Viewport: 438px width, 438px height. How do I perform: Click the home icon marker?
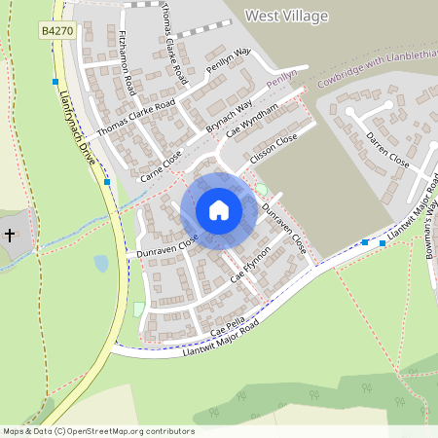tap(219, 210)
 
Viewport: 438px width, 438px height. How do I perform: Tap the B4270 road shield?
tap(55, 32)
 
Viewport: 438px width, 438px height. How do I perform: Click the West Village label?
tap(286, 16)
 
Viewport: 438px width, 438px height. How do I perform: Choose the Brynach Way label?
tap(229, 116)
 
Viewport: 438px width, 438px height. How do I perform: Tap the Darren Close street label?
tap(386, 152)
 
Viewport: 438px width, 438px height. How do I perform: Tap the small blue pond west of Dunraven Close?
tap(101, 263)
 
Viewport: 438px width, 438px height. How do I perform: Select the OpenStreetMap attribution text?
tap(97, 431)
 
